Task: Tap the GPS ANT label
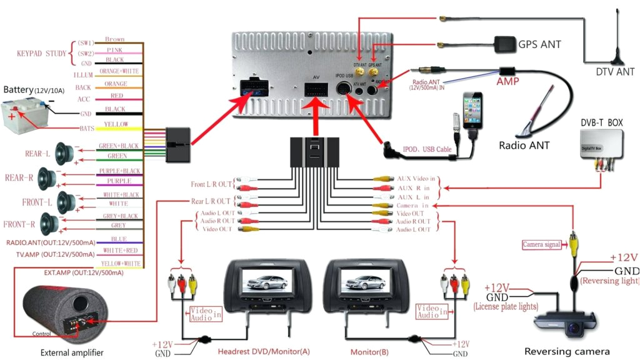[x=539, y=44]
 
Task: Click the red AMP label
[x=507, y=82]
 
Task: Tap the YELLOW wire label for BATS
[x=117, y=124]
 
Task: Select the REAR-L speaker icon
[x=64, y=152]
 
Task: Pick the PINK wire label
[x=114, y=49]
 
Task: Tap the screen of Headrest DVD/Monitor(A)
[x=260, y=277]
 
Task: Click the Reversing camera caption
[x=566, y=351]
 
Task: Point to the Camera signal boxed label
[x=541, y=244]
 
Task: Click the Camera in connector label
[x=412, y=205]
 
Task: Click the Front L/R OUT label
[x=210, y=184]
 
